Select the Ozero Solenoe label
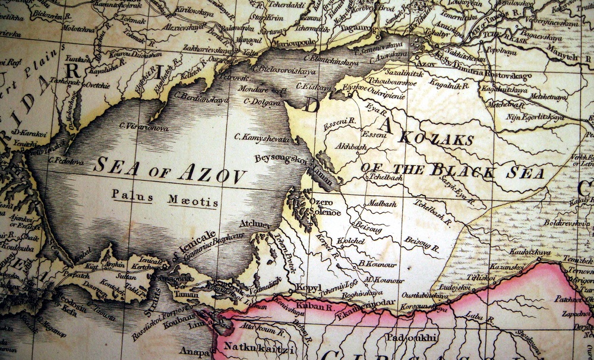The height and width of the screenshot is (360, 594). tap(324, 207)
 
